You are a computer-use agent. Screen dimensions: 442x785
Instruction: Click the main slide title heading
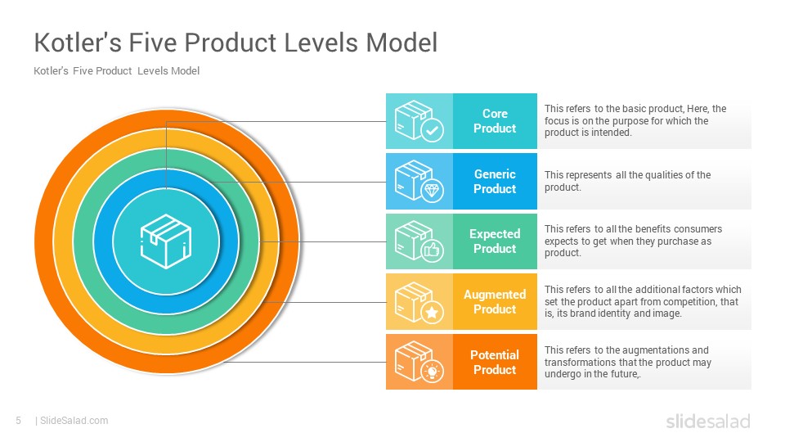235,42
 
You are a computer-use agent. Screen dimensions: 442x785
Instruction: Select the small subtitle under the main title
116,71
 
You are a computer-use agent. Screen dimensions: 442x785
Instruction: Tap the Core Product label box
495,121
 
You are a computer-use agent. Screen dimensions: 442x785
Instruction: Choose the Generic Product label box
495,181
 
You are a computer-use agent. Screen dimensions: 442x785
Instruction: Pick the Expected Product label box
495,241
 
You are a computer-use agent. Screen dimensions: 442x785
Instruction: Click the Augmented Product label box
495,301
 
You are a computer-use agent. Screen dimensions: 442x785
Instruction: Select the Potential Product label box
495,362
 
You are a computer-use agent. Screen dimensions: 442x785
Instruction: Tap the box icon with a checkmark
419,121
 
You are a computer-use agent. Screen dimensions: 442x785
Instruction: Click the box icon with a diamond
419,181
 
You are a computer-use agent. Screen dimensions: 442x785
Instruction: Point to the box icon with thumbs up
419,241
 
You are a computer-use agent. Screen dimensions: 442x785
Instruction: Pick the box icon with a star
419,301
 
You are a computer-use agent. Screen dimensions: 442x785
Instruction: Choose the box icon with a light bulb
419,362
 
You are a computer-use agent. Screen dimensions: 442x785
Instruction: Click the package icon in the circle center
166,241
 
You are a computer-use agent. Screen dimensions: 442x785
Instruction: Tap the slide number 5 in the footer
18,421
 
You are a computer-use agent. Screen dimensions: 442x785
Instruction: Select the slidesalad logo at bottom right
707,422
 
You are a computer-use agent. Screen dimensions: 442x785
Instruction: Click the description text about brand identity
643,301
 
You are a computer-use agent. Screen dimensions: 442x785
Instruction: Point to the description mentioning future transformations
628,362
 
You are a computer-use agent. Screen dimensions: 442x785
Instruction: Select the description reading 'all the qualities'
628,181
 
